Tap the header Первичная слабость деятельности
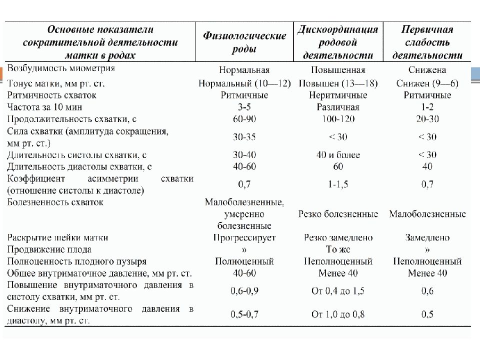[427, 42]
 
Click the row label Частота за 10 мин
[44, 107]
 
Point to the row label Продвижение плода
[49, 249]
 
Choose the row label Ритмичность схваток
[51, 95]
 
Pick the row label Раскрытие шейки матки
[58, 237]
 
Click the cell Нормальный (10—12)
[244, 83]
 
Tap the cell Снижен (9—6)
[427, 83]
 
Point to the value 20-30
[427, 119]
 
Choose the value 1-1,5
[338, 184]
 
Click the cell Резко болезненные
[338, 214]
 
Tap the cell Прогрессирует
[244, 237]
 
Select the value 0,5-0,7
[244, 314]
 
